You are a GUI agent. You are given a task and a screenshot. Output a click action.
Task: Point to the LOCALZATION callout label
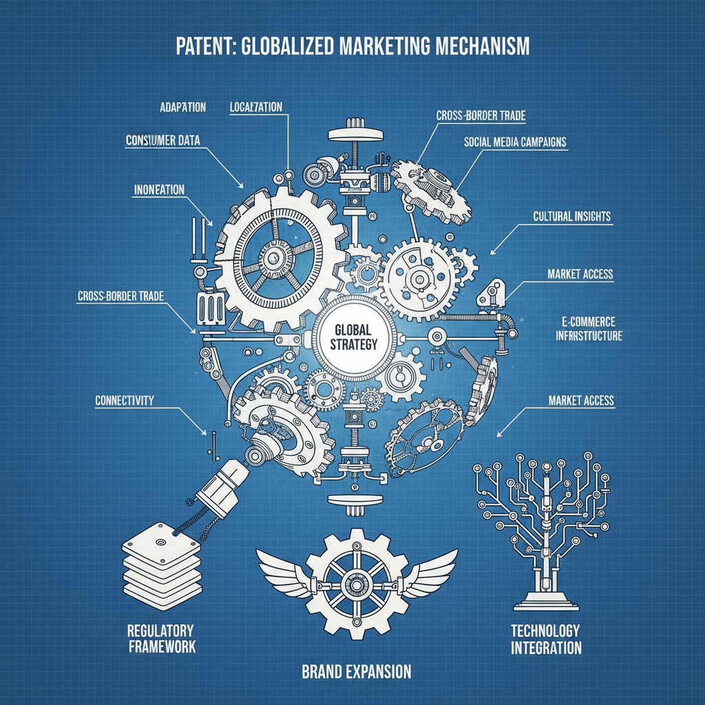click(255, 107)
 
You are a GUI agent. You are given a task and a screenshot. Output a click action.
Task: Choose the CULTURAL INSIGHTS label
click(572, 216)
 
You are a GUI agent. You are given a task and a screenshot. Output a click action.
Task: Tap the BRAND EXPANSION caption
click(356, 671)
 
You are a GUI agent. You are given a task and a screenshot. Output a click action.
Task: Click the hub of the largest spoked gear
click(273, 257)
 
